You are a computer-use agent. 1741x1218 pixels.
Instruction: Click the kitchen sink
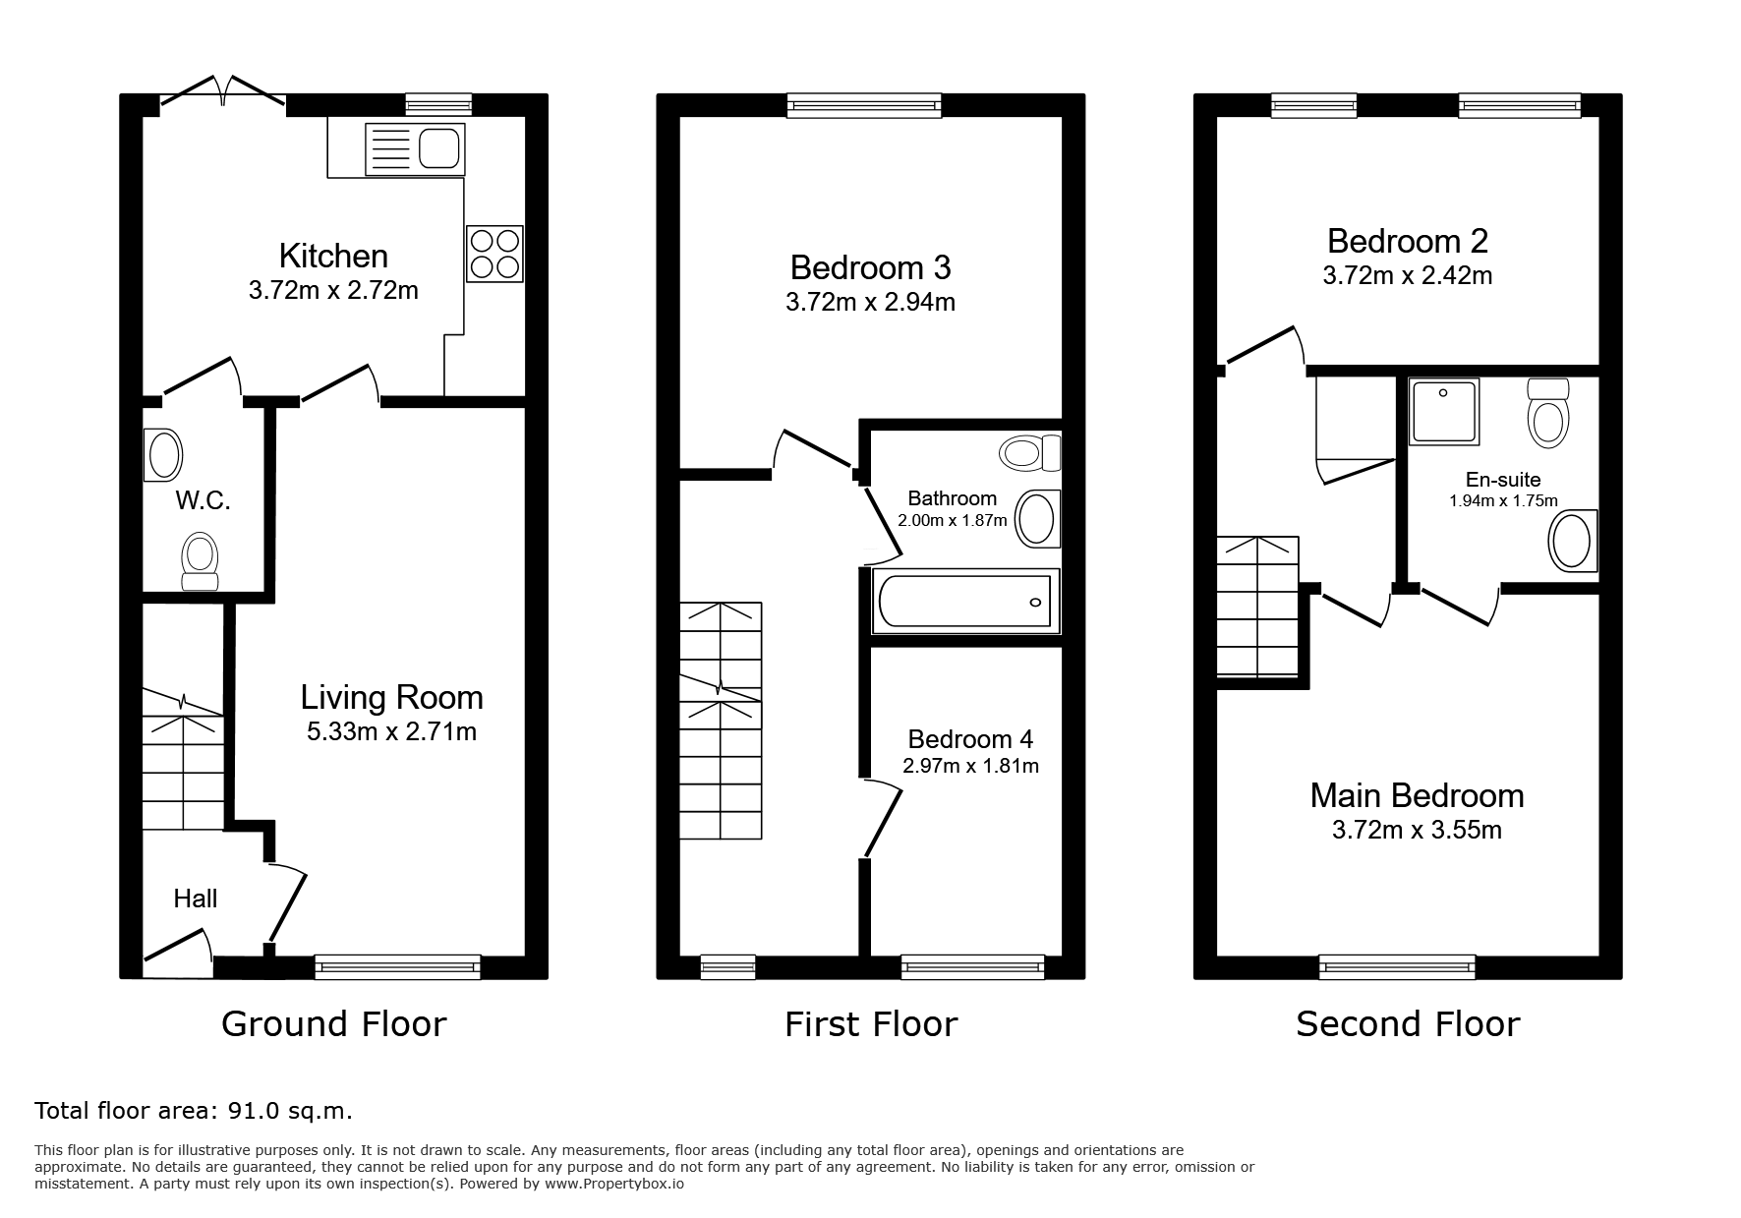[x=415, y=149]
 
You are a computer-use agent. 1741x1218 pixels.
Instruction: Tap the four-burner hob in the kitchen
[x=494, y=254]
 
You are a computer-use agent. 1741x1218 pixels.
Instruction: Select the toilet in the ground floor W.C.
[x=200, y=561]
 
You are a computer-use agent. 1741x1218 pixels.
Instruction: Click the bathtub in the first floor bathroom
[x=965, y=601]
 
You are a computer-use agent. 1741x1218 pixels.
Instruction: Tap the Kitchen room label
[x=333, y=256]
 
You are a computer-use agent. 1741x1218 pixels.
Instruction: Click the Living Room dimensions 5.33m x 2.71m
[x=391, y=731]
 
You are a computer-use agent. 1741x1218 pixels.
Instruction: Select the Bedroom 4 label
[x=970, y=739]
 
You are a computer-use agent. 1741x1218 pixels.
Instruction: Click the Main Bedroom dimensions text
[x=1417, y=830]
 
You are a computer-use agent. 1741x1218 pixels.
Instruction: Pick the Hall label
[x=196, y=899]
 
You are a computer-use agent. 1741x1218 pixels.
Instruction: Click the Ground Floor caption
[x=334, y=1024]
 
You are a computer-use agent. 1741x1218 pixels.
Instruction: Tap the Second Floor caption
[x=1408, y=1024]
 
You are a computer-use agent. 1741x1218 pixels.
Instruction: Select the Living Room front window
[x=398, y=967]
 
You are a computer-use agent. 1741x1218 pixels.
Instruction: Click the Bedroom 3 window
[x=864, y=105]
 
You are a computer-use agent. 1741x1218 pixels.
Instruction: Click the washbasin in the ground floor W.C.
[x=162, y=455]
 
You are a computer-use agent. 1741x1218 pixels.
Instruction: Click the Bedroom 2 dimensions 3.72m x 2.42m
[x=1408, y=275]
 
